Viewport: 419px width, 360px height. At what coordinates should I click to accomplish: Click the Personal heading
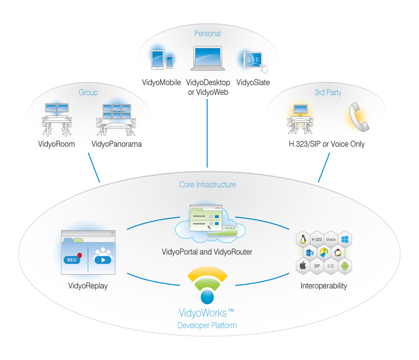coord(207,33)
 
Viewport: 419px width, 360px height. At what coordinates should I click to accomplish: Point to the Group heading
coord(88,92)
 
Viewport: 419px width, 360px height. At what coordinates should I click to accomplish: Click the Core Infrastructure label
coord(207,185)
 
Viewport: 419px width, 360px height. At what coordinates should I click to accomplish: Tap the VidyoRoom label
coord(56,144)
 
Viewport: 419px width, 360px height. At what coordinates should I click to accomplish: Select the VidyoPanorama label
coord(117,144)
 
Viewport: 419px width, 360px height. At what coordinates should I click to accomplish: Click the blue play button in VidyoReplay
coord(103,260)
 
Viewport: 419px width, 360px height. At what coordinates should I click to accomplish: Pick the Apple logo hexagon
coord(302,266)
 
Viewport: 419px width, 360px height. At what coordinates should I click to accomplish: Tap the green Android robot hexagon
coord(345,266)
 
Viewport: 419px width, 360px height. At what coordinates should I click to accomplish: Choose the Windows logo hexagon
coord(345,240)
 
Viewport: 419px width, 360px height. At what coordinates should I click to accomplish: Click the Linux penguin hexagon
coord(302,240)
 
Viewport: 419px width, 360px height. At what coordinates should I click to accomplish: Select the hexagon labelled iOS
coord(331,266)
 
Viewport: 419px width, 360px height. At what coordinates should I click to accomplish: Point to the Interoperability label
coord(323,286)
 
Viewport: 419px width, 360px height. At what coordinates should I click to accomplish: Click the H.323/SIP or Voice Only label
coord(328,144)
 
